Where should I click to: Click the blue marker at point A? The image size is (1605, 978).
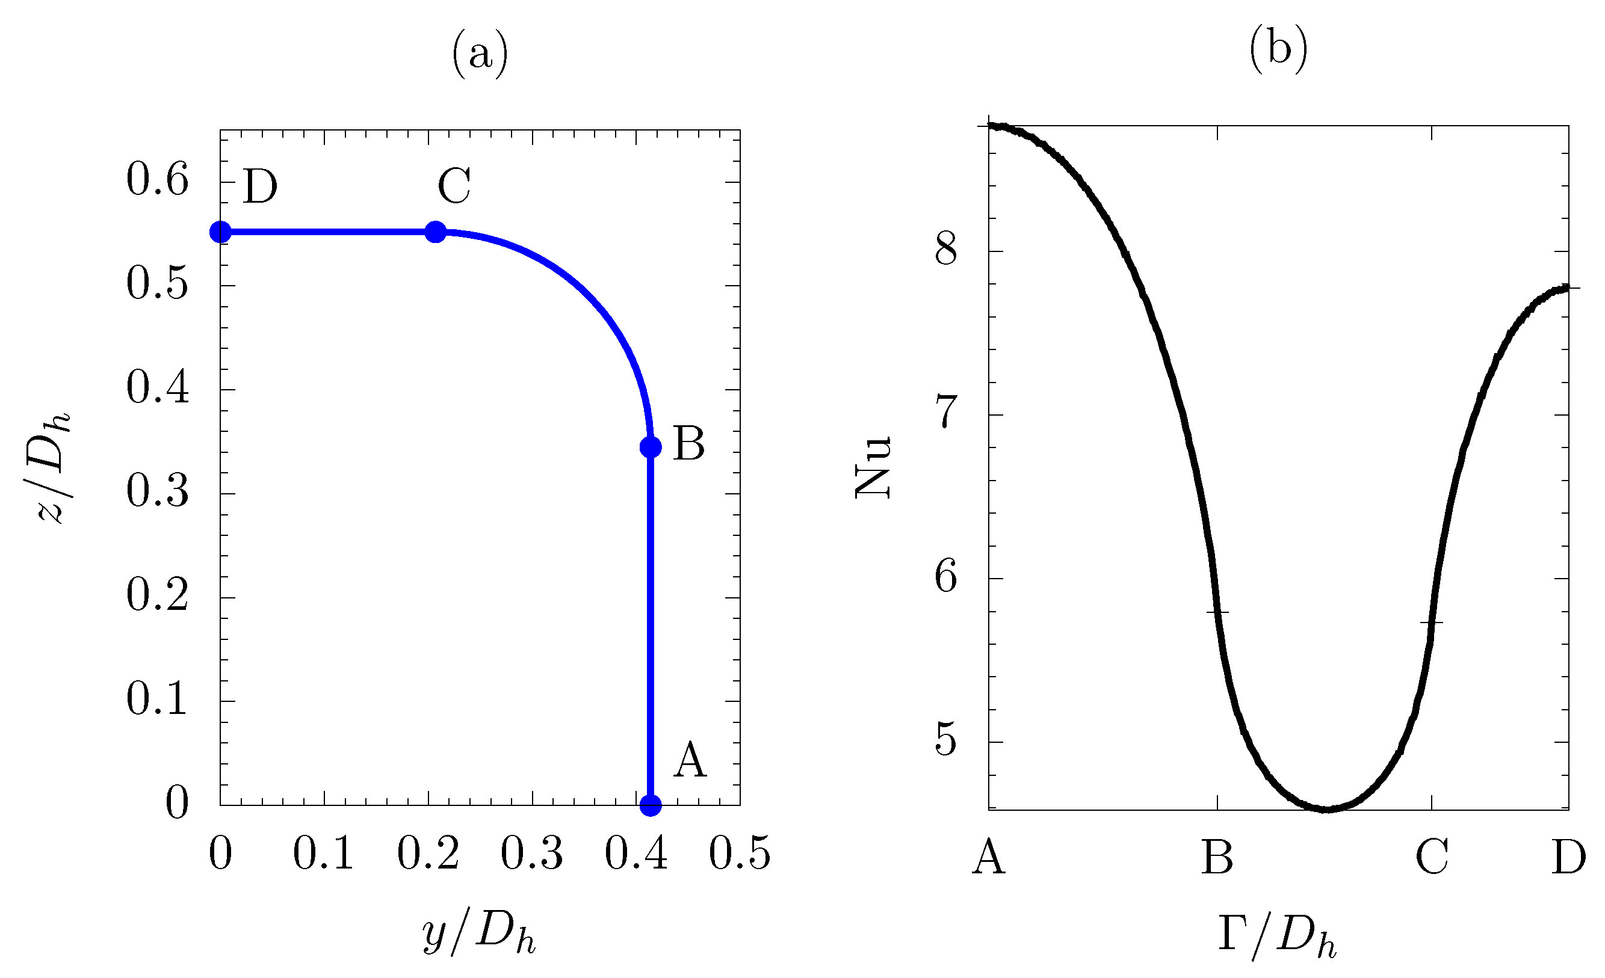coord(651,805)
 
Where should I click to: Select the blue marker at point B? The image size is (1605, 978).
coord(651,447)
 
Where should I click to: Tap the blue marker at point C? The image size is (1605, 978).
coord(436,232)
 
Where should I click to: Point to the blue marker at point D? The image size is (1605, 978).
coord(221,232)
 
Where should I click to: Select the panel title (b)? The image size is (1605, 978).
coord(1278,49)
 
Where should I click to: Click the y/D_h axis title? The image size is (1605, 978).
coord(480,936)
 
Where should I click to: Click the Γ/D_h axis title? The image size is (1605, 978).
coord(1276,936)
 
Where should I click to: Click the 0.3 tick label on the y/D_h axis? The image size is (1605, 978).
coord(531,853)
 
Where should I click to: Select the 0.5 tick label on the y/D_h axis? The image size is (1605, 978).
coord(740,853)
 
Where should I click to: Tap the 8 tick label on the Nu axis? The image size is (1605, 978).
coord(947,249)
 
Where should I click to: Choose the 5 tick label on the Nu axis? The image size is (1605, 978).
coord(947,739)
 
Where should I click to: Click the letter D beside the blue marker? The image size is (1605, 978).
coord(260,188)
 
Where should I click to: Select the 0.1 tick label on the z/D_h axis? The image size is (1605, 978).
coord(158,700)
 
